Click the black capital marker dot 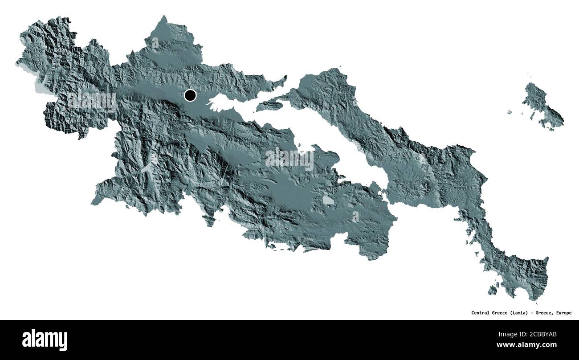pyautogui.click(x=190, y=95)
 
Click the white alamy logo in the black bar pyautogui.click(x=45, y=340)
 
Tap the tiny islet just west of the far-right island pyautogui.click(x=510, y=112)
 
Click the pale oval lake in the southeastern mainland pyautogui.click(x=328, y=200)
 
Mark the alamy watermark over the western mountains pyautogui.click(x=91, y=101)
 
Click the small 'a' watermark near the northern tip pyautogui.click(x=155, y=43)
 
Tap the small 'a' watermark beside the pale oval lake pyautogui.click(x=355, y=217)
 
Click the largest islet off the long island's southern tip pyautogui.click(x=492, y=290)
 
